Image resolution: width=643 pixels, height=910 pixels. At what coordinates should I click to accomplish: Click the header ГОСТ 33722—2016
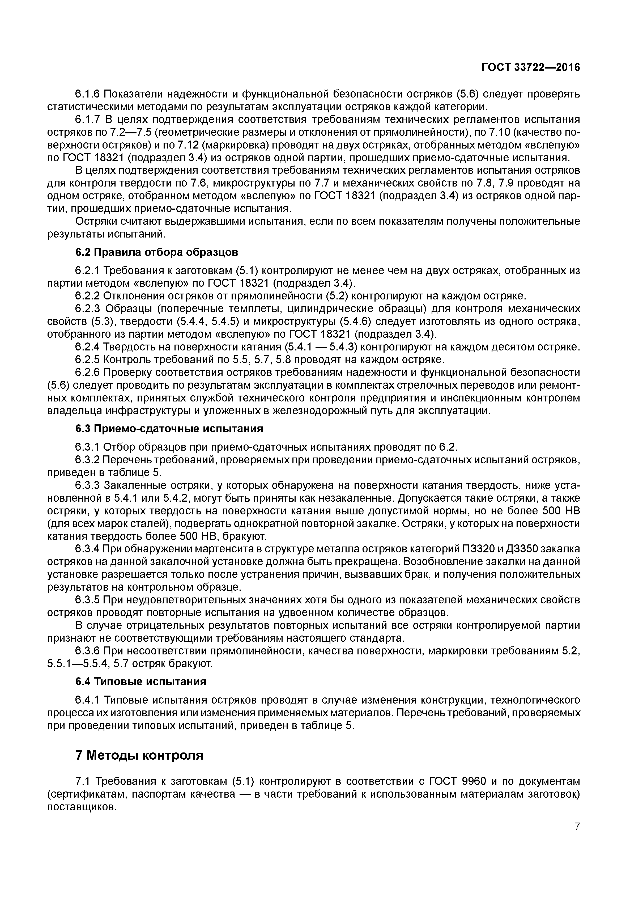(530, 67)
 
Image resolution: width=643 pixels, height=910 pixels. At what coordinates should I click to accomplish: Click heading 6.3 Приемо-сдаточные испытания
(169, 429)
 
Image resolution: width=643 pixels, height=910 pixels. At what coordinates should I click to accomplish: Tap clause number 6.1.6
(87, 94)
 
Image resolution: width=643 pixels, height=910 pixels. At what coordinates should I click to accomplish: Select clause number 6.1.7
(87, 120)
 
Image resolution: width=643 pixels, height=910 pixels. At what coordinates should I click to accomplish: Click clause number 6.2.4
(87, 347)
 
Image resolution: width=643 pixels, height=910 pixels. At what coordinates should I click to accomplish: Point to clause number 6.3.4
(87, 549)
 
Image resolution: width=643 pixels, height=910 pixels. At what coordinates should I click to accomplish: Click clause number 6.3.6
(87, 651)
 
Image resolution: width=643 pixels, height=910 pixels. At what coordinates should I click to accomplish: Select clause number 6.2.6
(87, 372)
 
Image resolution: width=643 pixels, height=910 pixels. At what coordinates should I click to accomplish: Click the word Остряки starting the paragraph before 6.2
(95, 221)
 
